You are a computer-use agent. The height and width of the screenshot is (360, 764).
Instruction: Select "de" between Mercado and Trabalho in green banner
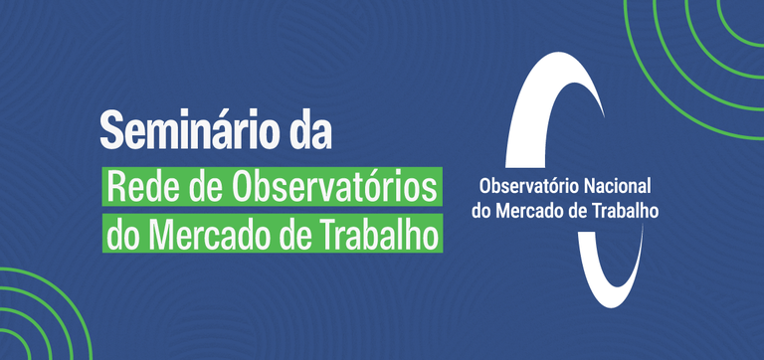[x=295, y=236]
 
